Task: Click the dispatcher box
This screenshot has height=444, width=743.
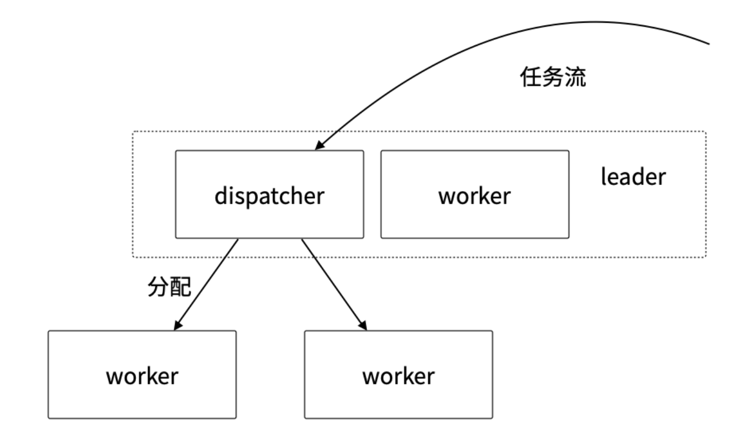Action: [x=269, y=194]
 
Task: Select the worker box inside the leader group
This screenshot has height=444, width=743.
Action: [x=475, y=194]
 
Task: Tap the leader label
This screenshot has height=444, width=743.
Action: [x=633, y=177]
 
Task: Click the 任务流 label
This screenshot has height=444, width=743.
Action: [x=553, y=77]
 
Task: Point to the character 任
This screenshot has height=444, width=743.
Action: [x=531, y=77]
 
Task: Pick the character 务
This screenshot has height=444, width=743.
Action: [x=553, y=77]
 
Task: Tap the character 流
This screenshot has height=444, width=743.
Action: [x=575, y=77]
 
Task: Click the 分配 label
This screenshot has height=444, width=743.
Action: [x=170, y=287]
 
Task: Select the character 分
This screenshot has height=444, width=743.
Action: [x=159, y=287]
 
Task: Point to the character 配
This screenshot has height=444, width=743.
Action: [x=181, y=287]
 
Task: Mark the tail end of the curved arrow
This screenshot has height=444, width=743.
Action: [x=709, y=44]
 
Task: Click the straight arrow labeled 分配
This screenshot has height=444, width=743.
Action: [x=206, y=284]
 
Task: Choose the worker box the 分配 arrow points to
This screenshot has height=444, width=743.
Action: [x=142, y=374]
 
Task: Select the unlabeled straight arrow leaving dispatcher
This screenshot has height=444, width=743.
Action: [x=334, y=284]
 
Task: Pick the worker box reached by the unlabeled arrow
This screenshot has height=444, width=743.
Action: [x=399, y=374]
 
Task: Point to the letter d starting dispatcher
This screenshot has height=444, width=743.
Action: [x=221, y=195]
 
